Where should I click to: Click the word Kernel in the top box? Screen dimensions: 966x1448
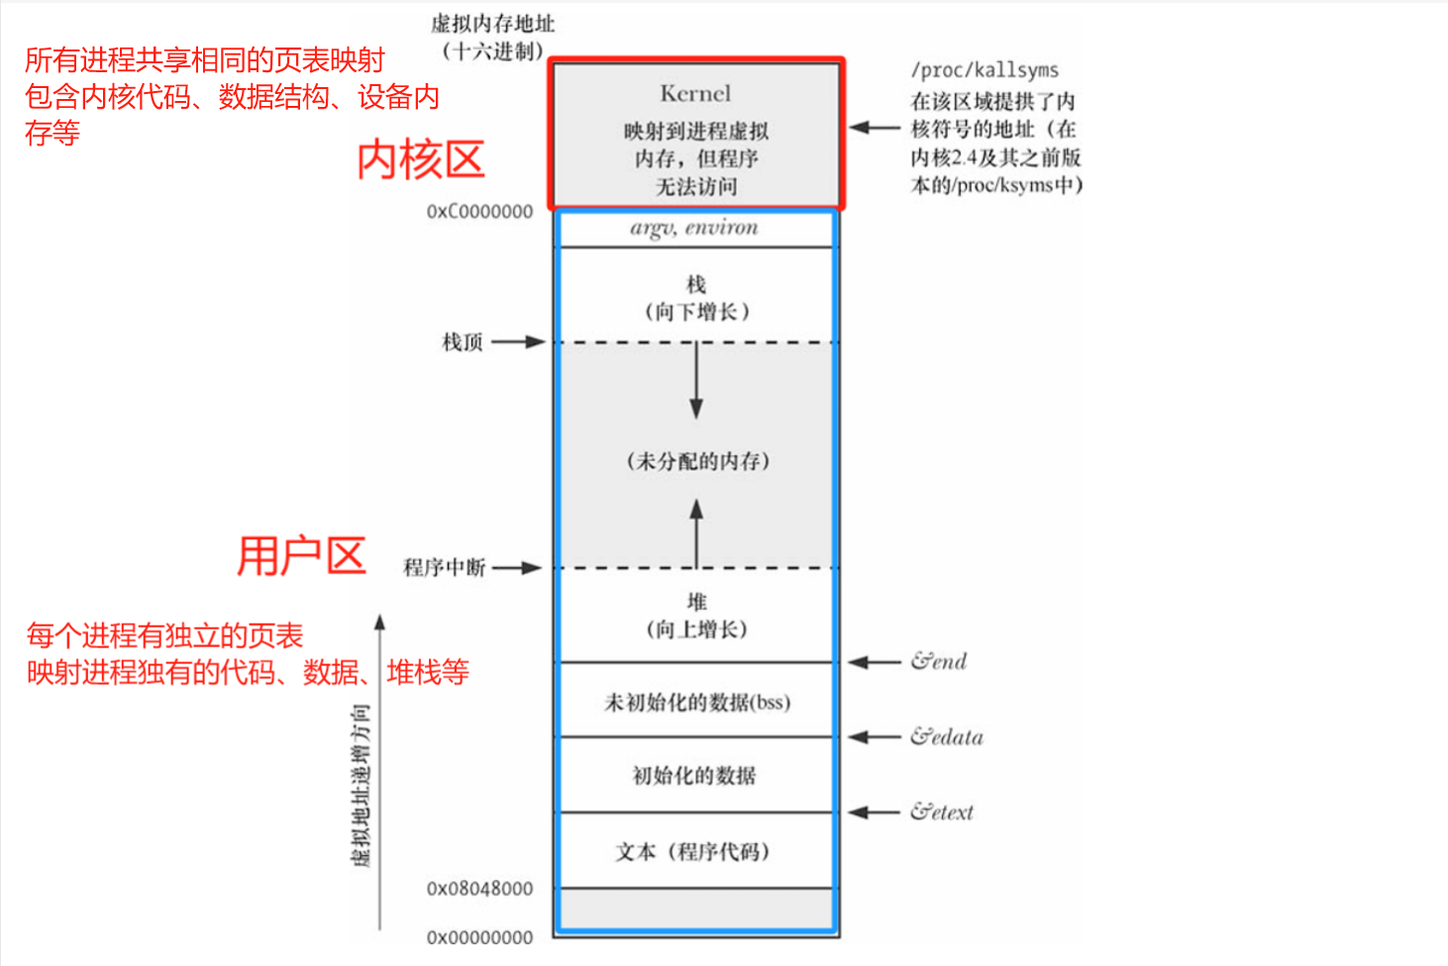tap(695, 94)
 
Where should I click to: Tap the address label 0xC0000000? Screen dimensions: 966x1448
tap(479, 212)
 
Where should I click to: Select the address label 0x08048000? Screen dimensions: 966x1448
tap(479, 889)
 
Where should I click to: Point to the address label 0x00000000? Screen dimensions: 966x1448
tap(479, 937)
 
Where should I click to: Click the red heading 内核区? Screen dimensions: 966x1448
tap(421, 160)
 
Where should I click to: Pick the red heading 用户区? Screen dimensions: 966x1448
tap(301, 556)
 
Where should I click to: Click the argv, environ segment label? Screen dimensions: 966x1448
tap(694, 228)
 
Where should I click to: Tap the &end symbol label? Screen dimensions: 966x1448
tap(939, 661)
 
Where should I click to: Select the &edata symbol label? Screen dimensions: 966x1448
tap(947, 736)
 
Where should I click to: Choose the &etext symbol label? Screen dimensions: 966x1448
tap(942, 813)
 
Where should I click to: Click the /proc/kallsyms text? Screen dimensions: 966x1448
tap(984, 70)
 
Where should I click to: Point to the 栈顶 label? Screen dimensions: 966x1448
tap(462, 342)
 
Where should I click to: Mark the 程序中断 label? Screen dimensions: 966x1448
tap(444, 568)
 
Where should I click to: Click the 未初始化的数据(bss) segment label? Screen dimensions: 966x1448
tap(697, 703)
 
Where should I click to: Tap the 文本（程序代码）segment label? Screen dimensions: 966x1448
tap(693, 851)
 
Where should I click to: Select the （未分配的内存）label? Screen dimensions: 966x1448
tap(697, 461)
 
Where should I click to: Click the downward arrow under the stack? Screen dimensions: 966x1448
tap(696, 381)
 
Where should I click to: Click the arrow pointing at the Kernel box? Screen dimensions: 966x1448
tap(875, 128)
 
